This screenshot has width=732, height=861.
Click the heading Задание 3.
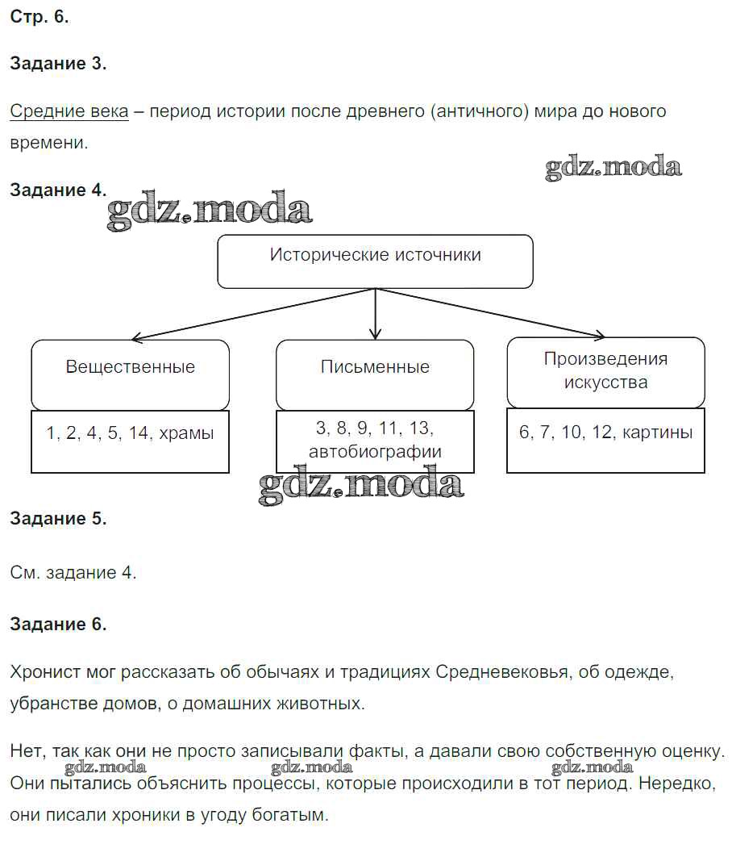[x=58, y=65]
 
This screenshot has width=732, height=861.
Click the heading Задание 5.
[x=58, y=519]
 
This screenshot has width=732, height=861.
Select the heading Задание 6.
[x=58, y=624]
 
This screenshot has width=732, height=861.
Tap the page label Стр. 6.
[x=40, y=19]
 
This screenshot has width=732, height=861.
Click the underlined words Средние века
[x=69, y=111]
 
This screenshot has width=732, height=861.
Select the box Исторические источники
[x=375, y=261]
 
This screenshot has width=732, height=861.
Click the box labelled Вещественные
[x=130, y=374]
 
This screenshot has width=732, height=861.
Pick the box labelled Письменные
[x=375, y=374]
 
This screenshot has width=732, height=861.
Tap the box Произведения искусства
[x=605, y=371]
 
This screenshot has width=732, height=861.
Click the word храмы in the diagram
[x=187, y=433]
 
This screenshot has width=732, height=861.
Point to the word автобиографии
[x=375, y=452]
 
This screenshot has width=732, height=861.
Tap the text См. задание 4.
[x=73, y=573]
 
